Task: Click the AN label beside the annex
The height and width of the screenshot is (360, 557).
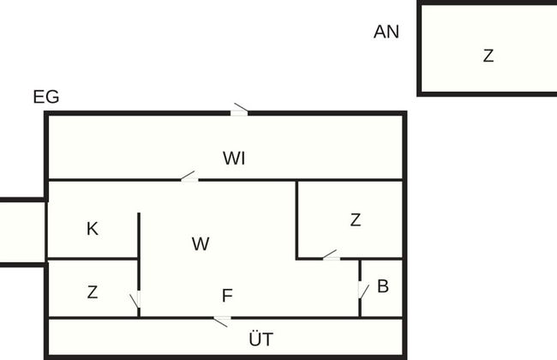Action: (x=386, y=33)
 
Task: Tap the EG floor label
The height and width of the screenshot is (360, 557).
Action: (x=46, y=97)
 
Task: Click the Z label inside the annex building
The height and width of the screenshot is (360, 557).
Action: (x=488, y=57)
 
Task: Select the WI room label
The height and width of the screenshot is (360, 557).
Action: (x=235, y=158)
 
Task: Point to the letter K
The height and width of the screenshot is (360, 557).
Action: (x=93, y=229)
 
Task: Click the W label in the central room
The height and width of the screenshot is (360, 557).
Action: (x=201, y=244)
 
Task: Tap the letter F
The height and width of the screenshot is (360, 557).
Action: (x=227, y=296)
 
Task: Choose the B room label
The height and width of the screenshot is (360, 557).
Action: (x=382, y=286)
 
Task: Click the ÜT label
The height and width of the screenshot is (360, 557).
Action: (x=261, y=339)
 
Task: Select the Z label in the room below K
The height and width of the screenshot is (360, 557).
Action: (x=93, y=292)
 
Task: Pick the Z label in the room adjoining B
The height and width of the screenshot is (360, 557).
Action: (x=356, y=220)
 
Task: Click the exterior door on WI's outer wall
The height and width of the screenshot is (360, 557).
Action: (x=240, y=110)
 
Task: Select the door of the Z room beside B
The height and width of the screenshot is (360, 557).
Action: (x=330, y=255)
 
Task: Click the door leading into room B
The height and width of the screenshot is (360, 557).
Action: (x=362, y=290)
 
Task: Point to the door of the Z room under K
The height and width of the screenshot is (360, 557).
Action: (x=135, y=303)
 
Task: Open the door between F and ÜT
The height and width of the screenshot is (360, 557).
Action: (x=221, y=321)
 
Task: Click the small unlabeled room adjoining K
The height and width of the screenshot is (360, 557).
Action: (x=22, y=232)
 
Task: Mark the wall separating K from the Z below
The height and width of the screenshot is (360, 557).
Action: (x=93, y=258)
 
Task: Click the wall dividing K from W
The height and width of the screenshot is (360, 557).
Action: (x=139, y=236)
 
